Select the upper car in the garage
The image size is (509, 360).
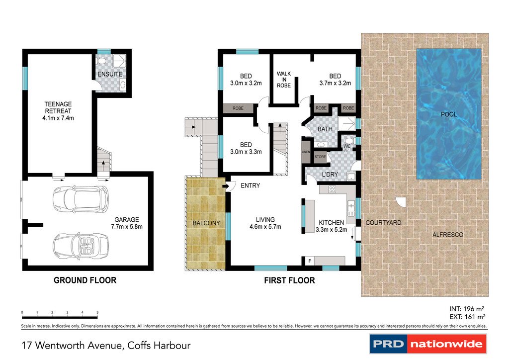[81, 198]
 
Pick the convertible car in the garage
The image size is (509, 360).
[81, 245]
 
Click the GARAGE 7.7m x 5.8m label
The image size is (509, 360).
[126, 223]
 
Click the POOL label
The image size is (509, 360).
[448, 114]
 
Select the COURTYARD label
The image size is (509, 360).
[383, 223]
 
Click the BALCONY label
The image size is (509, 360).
[206, 223]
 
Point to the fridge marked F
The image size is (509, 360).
[309, 261]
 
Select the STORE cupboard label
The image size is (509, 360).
[320, 157]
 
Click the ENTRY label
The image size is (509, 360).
[250, 185]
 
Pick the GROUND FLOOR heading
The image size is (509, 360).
[85, 280]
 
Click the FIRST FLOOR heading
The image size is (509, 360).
[289, 280]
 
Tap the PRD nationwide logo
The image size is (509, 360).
[428, 344]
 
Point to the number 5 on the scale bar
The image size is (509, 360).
[97, 313]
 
